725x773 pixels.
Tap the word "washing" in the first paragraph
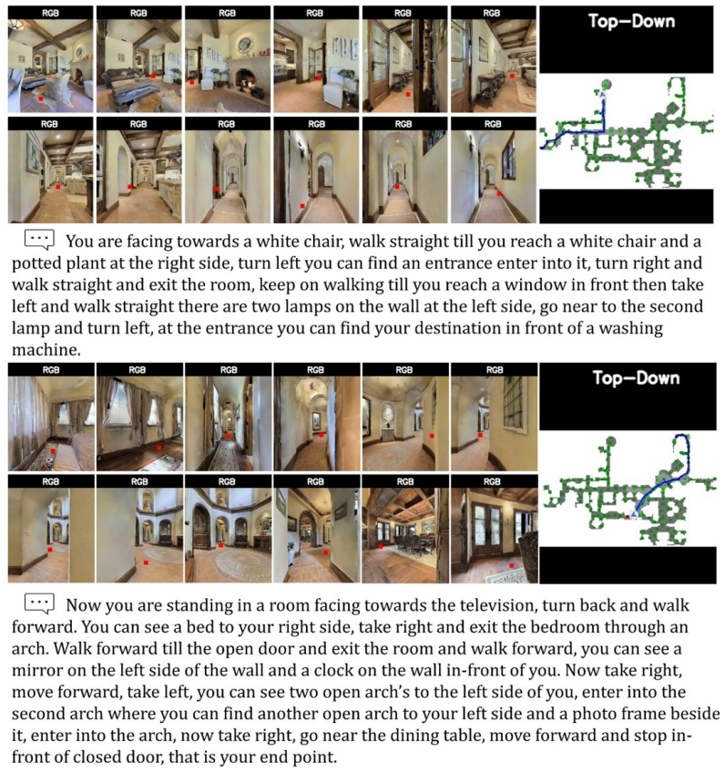click(631, 328)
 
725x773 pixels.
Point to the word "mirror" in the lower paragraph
click(38, 671)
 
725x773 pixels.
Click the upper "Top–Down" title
click(631, 21)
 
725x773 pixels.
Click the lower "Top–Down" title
click(636, 378)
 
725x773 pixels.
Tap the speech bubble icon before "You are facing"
click(39, 240)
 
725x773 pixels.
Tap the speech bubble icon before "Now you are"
click(39, 603)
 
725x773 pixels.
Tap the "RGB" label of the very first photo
click(51, 14)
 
